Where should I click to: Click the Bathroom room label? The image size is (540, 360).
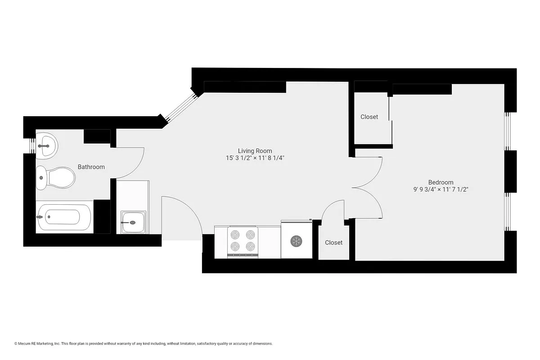[91, 167]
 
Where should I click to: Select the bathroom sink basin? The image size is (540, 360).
[46, 145]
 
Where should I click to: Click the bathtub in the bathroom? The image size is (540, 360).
[64, 217]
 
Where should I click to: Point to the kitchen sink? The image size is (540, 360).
[134, 222]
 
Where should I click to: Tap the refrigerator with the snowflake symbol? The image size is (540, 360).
[296, 240]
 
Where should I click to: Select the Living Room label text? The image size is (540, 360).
[255, 151]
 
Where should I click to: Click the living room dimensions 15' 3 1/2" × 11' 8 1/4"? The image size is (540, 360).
[255, 158]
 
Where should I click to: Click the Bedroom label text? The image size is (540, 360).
[441, 182]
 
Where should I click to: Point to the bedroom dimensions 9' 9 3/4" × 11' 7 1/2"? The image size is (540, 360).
[441, 189]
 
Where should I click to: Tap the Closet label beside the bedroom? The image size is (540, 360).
[369, 117]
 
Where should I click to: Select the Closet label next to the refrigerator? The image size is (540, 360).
[333, 243]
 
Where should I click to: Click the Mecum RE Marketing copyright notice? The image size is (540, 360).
[144, 344]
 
